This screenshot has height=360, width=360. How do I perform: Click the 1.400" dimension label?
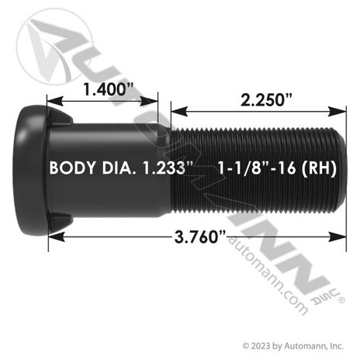coord(109,89)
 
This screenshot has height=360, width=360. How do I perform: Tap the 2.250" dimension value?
coord(266,100)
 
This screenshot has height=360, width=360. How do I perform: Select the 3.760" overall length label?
coord(200,237)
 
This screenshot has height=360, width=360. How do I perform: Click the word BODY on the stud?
coord(72,168)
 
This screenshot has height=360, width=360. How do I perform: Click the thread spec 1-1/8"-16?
coord(257,168)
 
